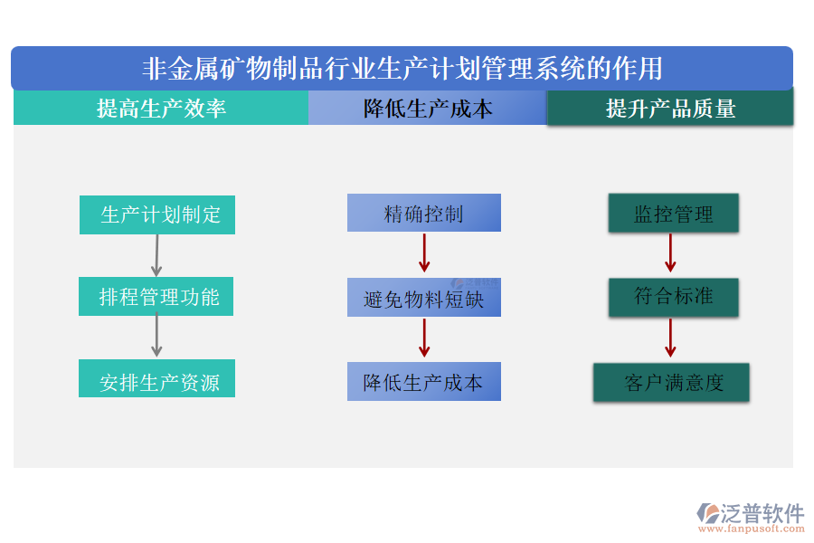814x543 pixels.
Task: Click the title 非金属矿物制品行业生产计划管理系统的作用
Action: pyautogui.click(x=402, y=69)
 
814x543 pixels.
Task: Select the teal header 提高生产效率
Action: pyautogui.click(x=161, y=109)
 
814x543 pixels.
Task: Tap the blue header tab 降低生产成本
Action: pyautogui.click(x=428, y=109)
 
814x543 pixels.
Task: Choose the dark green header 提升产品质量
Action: pyautogui.click(x=670, y=109)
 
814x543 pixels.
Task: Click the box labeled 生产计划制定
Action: pyautogui.click(x=157, y=214)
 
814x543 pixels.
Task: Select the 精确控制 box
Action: pyautogui.click(x=423, y=214)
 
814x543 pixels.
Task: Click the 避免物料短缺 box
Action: pyautogui.click(x=423, y=298)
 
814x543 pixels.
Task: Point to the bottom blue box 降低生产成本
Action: pyautogui.click(x=423, y=382)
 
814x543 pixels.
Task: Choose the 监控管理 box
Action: pyautogui.click(x=673, y=214)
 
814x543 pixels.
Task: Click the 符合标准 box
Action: pyautogui.click(x=673, y=297)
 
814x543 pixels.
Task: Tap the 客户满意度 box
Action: pyautogui.click(x=671, y=382)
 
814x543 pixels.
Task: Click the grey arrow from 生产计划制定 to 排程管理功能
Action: pyautogui.click(x=156, y=255)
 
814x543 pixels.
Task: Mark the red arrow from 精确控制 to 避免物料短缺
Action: pyautogui.click(x=424, y=252)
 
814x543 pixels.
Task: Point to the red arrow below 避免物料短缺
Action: pyautogui.click(x=424, y=338)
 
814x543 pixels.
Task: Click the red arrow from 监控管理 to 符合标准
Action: pyautogui.click(x=670, y=252)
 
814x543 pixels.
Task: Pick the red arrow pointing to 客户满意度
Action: pyautogui.click(x=670, y=338)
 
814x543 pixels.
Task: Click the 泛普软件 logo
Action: pyautogui.click(x=750, y=516)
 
